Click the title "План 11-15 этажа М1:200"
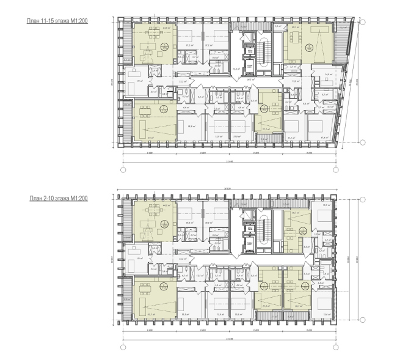pos(55,21)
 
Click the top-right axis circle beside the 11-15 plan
pos(362,22)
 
